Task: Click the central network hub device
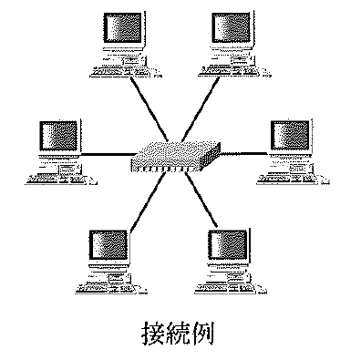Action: point(175,158)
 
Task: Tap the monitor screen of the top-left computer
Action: point(123,27)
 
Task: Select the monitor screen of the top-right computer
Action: point(232,27)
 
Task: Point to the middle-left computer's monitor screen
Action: point(59,136)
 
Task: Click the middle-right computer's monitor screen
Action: point(291,136)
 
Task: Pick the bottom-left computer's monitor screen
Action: point(108,245)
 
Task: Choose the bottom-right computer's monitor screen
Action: point(228,245)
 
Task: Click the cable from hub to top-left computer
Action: point(150,108)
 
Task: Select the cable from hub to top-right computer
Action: point(201,108)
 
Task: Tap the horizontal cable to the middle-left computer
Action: point(108,155)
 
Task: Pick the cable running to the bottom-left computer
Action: point(148,203)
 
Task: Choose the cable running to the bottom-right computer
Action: point(201,200)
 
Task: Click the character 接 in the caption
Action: point(154,333)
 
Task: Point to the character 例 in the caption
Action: point(202,333)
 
